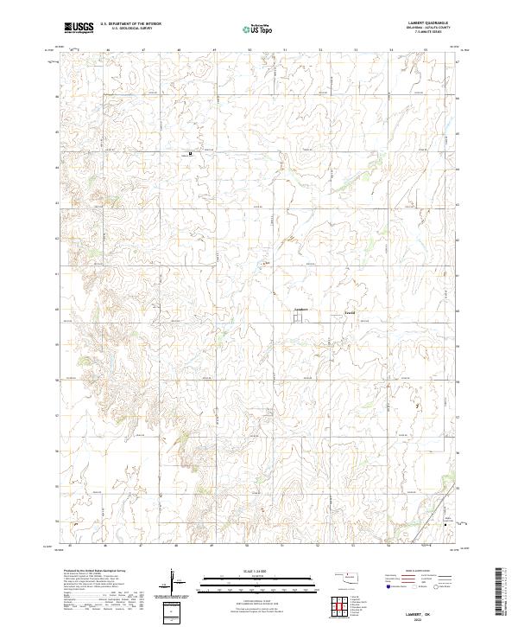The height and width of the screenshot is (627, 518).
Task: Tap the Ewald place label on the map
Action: [x=350, y=310]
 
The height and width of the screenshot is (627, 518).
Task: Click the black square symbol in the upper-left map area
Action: [x=191, y=153]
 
